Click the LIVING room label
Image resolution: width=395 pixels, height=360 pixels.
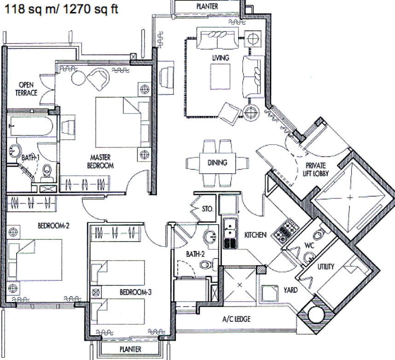pos(221,58)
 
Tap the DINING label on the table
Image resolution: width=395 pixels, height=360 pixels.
pos(217,163)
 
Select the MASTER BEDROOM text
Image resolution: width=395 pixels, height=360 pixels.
pos(100,162)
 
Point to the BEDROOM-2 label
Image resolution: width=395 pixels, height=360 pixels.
pos(53,226)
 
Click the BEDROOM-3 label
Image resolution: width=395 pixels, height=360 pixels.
pos(135,292)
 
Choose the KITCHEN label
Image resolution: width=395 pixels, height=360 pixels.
pos(256,235)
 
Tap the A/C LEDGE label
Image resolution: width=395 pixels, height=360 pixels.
pos(236,319)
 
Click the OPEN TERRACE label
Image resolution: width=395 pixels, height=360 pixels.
pos(26,89)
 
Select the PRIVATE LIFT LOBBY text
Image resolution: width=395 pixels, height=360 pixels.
pos(316,169)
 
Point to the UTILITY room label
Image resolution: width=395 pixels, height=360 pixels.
pos(326,266)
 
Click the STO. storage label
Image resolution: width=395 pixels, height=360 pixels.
pos(207,209)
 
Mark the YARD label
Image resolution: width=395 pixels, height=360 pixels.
pos(290,290)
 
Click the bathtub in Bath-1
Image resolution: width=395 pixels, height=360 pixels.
pos(30,127)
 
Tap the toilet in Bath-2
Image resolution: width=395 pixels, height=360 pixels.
pos(206,265)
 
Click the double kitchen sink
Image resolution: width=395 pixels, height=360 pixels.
pos(230,233)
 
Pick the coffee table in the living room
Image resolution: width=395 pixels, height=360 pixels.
pos(221,76)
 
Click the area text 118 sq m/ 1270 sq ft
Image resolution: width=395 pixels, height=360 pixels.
pos(61,9)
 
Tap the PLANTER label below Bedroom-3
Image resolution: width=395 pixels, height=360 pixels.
pos(130,349)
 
